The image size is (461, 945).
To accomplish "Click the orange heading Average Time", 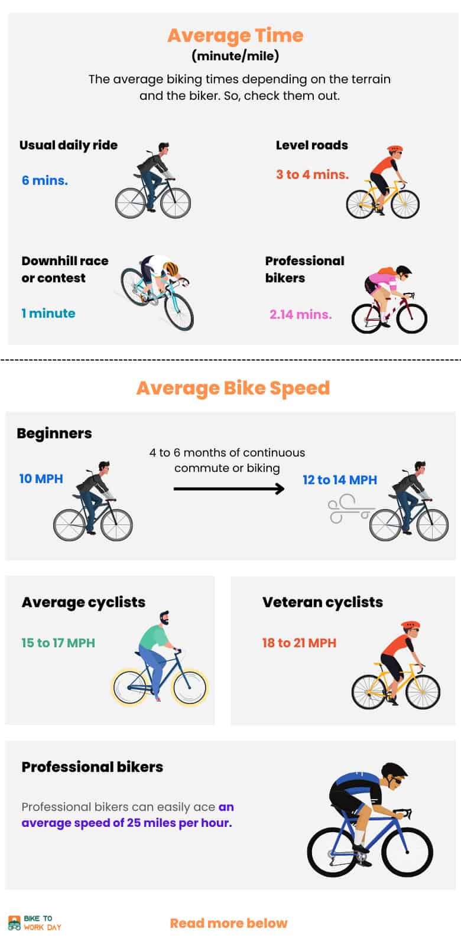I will coord(235,35).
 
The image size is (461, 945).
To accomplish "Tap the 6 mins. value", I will coord(45,181).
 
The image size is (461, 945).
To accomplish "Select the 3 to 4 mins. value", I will coord(312,174).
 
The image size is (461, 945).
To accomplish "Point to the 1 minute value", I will coord(48,313).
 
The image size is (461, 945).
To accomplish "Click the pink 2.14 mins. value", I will coord(300,314).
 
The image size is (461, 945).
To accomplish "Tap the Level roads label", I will coord(311,145).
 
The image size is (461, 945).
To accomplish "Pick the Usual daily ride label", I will coord(69,145).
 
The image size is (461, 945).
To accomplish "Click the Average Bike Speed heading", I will coord(233,388).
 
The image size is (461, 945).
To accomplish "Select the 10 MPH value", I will coord(41,478).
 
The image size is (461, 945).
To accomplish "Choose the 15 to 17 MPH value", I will coord(58,643).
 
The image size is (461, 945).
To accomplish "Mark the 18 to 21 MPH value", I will coord(299,643).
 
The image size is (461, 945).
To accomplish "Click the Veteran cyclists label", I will coord(322,602).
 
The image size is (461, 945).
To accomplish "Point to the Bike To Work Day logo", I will coord(35,923).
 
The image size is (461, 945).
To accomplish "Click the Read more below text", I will coord(229,923).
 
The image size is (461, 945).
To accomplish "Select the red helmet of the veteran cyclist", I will coord(410,625).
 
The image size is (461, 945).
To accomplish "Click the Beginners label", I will coord(54,433).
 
